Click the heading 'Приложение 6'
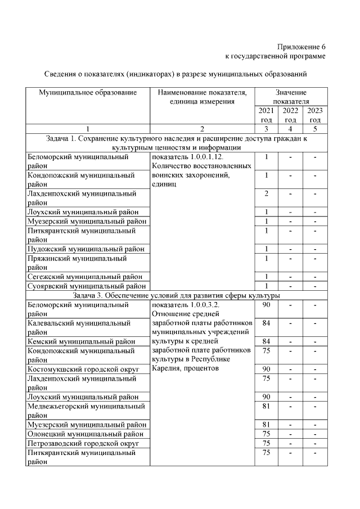tap(301, 47)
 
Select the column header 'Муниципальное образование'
tap(88, 92)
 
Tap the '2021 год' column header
tap(267, 115)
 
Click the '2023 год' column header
tap(315, 115)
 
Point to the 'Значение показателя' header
tap(291, 96)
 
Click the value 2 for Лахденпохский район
tap(267, 193)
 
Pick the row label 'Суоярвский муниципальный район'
tap(87, 286)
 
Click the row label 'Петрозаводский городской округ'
tap(83, 443)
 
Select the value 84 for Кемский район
tap(267, 341)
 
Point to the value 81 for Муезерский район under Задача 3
tap(267, 424)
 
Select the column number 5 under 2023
tap(315, 129)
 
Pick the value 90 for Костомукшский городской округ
tap(267, 369)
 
